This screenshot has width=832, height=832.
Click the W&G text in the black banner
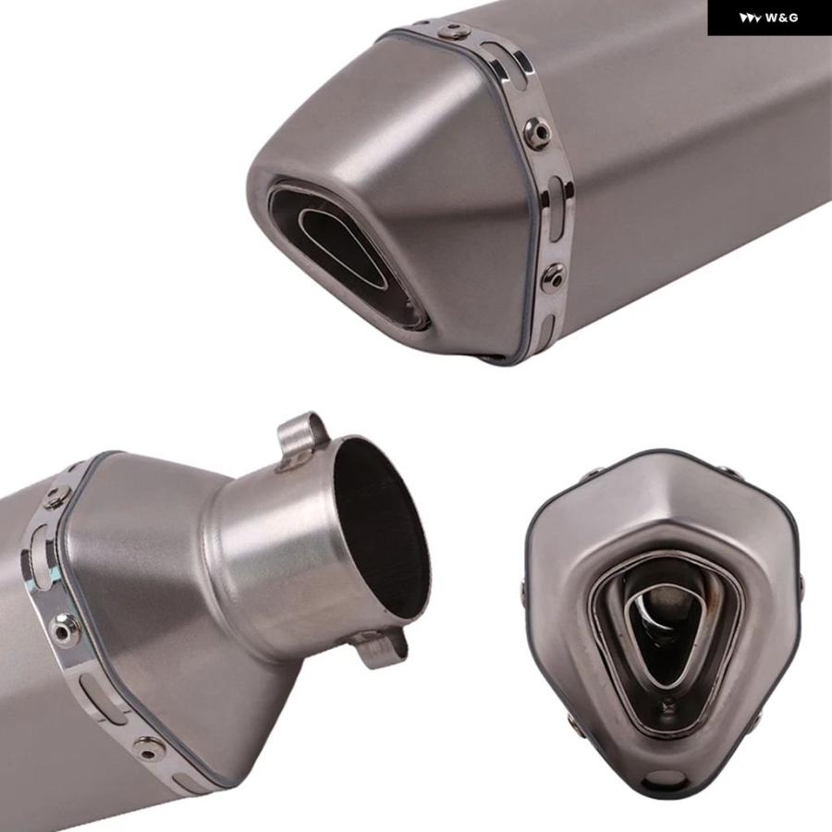[x=781, y=18]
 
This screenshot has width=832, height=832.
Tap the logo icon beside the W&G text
[x=751, y=18]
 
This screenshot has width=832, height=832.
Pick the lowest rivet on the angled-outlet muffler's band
[x=553, y=276]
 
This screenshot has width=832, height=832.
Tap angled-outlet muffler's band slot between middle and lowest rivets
[x=556, y=208]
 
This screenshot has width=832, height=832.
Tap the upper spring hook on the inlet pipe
[x=302, y=435]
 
